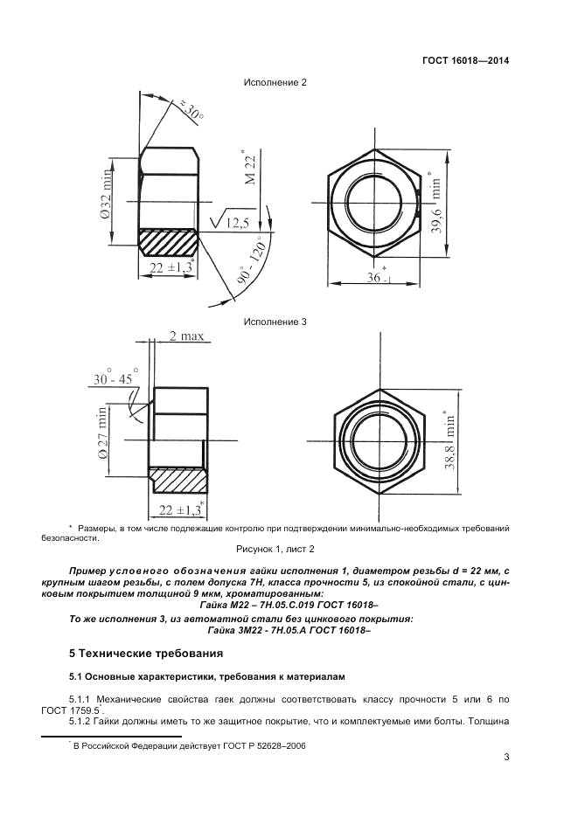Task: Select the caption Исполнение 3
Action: coord(277,322)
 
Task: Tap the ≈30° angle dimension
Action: coord(190,111)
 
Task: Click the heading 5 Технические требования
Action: coord(146,653)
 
